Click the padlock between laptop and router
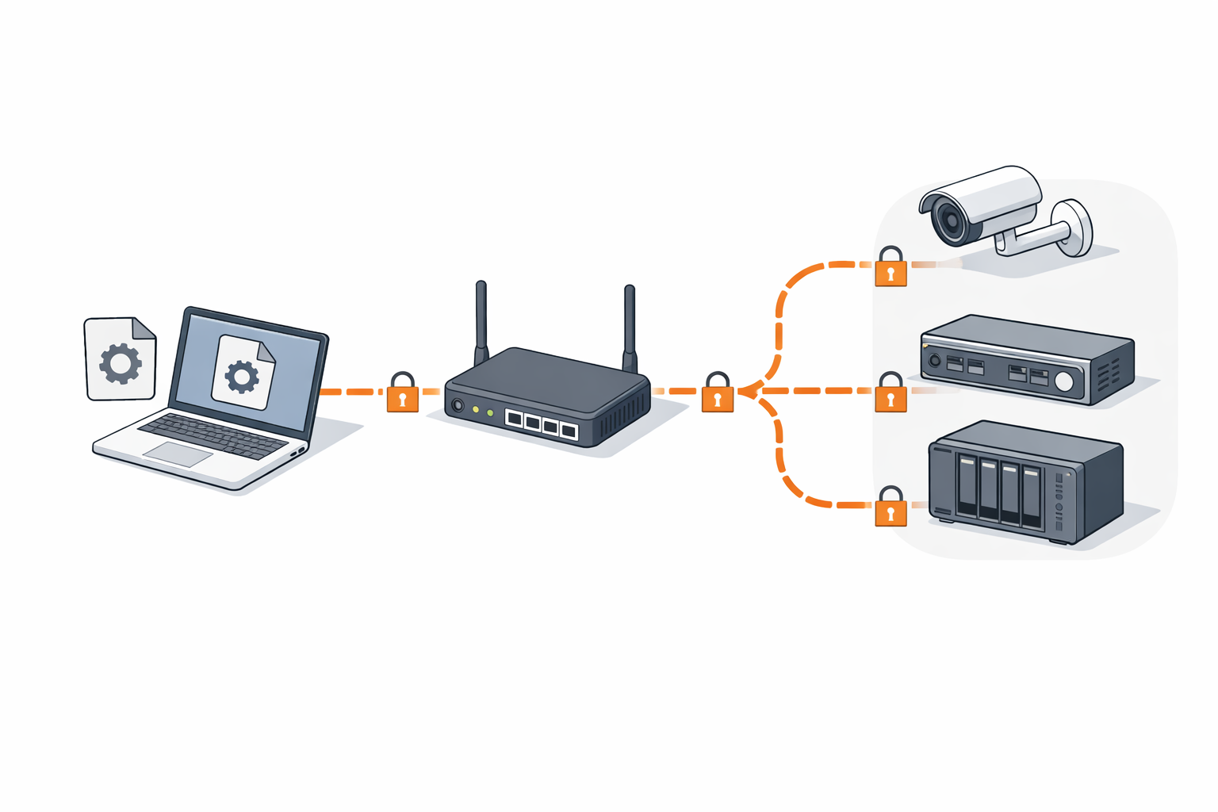[x=402, y=395]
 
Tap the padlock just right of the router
[x=717, y=396]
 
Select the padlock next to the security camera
[x=891, y=270]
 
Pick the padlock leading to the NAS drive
[x=891, y=510]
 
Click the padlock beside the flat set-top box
[x=891, y=396]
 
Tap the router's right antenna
[x=630, y=325]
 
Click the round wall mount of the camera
[x=1074, y=228]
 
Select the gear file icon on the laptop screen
[x=243, y=373]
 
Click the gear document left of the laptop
[x=121, y=361]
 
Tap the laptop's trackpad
[x=178, y=454]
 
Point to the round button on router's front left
[x=458, y=405]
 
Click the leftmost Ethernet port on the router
[x=514, y=419]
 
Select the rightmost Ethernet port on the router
[x=569, y=431]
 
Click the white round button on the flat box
[x=1064, y=382]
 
